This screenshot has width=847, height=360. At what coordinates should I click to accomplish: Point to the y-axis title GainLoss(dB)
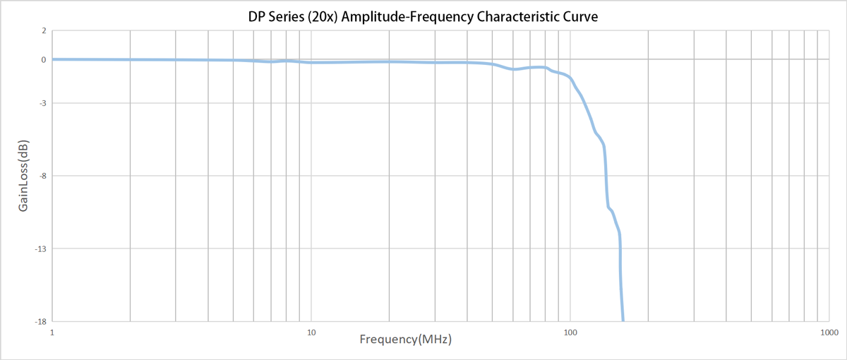point(24,176)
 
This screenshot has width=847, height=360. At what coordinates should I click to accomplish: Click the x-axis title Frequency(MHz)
point(405,340)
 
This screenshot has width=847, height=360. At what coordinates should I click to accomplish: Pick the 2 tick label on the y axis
point(44,31)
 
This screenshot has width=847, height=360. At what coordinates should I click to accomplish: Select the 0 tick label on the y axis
point(44,60)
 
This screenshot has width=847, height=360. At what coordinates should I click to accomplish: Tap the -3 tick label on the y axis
point(42,104)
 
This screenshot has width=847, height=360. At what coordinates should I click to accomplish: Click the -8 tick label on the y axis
point(42,176)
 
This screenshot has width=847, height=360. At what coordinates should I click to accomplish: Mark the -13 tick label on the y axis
point(41,249)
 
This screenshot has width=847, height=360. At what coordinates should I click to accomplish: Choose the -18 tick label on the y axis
point(41,322)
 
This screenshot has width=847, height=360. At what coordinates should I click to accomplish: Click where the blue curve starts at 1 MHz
point(54,59)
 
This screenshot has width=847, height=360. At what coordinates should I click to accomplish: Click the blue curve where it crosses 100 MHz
point(570,77)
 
